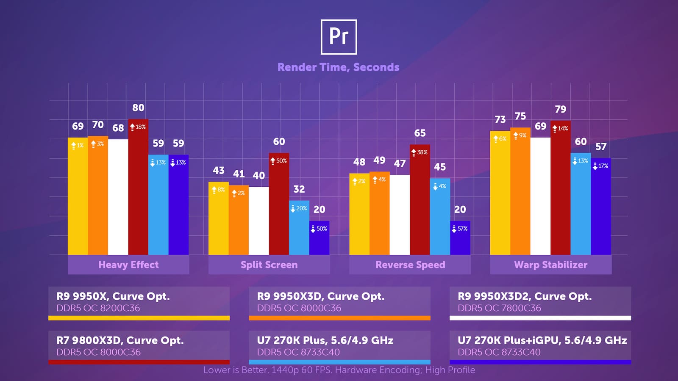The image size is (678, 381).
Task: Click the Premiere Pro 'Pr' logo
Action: pyautogui.click(x=339, y=37)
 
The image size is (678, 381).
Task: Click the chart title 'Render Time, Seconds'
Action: pyautogui.click(x=339, y=67)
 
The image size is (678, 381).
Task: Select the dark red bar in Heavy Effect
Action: pyautogui.click(x=138, y=187)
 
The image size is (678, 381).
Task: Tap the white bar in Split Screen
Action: pyautogui.click(x=259, y=221)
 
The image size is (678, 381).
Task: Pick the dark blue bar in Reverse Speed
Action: pyautogui.click(x=460, y=237)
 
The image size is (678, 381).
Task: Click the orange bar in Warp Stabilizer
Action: pyautogui.click(x=520, y=191)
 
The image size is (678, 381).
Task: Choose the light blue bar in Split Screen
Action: pyautogui.click(x=299, y=228)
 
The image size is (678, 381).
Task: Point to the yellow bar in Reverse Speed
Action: pyautogui.click(x=359, y=214)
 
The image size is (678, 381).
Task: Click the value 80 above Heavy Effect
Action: pyautogui.click(x=138, y=108)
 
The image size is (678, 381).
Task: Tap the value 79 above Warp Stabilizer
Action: pyautogui.click(x=561, y=109)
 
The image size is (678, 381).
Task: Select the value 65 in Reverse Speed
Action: pyautogui.click(x=420, y=133)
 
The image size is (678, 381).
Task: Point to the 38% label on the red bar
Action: pyautogui.click(x=420, y=152)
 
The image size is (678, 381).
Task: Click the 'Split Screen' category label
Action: pyautogui.click(x=269, y=265)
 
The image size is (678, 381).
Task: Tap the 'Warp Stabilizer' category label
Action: pyautogui.click(x=550, y=265)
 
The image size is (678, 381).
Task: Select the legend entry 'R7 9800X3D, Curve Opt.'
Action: pyautogui.click(x=120, y=340)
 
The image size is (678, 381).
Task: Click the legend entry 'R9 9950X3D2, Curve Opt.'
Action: pyautogui.click(x=525, y=296)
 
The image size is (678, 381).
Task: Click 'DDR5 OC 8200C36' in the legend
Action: pyautogui.click(x=98, y=308)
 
